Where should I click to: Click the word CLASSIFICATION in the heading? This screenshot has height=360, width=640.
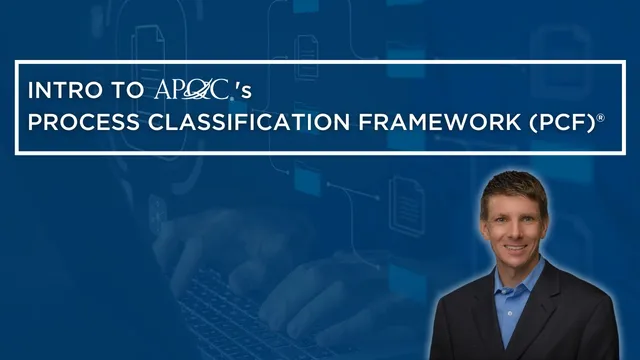pyautogui.click(x=238, y=125)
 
